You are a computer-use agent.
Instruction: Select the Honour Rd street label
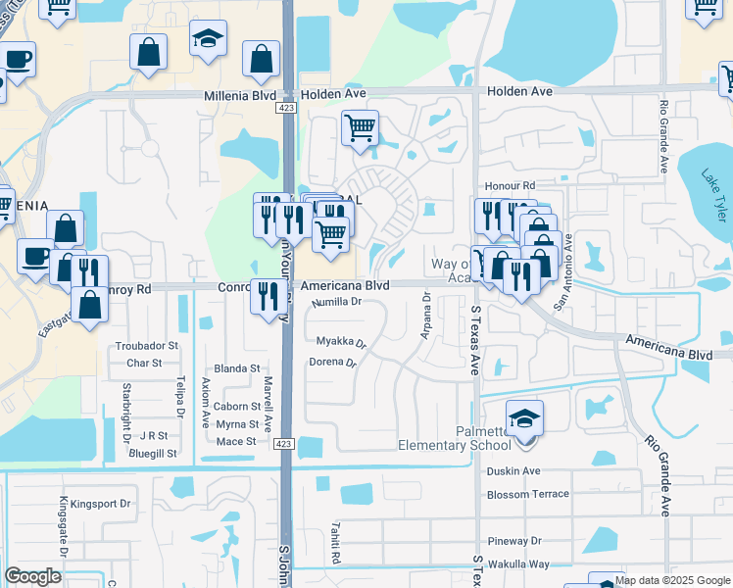point(510,185)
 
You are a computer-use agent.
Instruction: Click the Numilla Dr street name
point(337,304)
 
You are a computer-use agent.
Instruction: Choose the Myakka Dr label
point(341,343)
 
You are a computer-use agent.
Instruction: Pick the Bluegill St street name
point(158,454)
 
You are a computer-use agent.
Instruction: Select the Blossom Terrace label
point(527,494)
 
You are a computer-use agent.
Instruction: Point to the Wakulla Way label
point(518,564)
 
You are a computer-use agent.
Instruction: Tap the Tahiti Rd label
point(334,555)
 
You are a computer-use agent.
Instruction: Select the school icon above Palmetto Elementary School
point(524,418)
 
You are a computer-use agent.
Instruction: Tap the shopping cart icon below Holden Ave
point(360,127)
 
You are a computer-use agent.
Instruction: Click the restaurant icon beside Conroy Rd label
point(268,297)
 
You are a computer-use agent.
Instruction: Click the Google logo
point(33,576)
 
